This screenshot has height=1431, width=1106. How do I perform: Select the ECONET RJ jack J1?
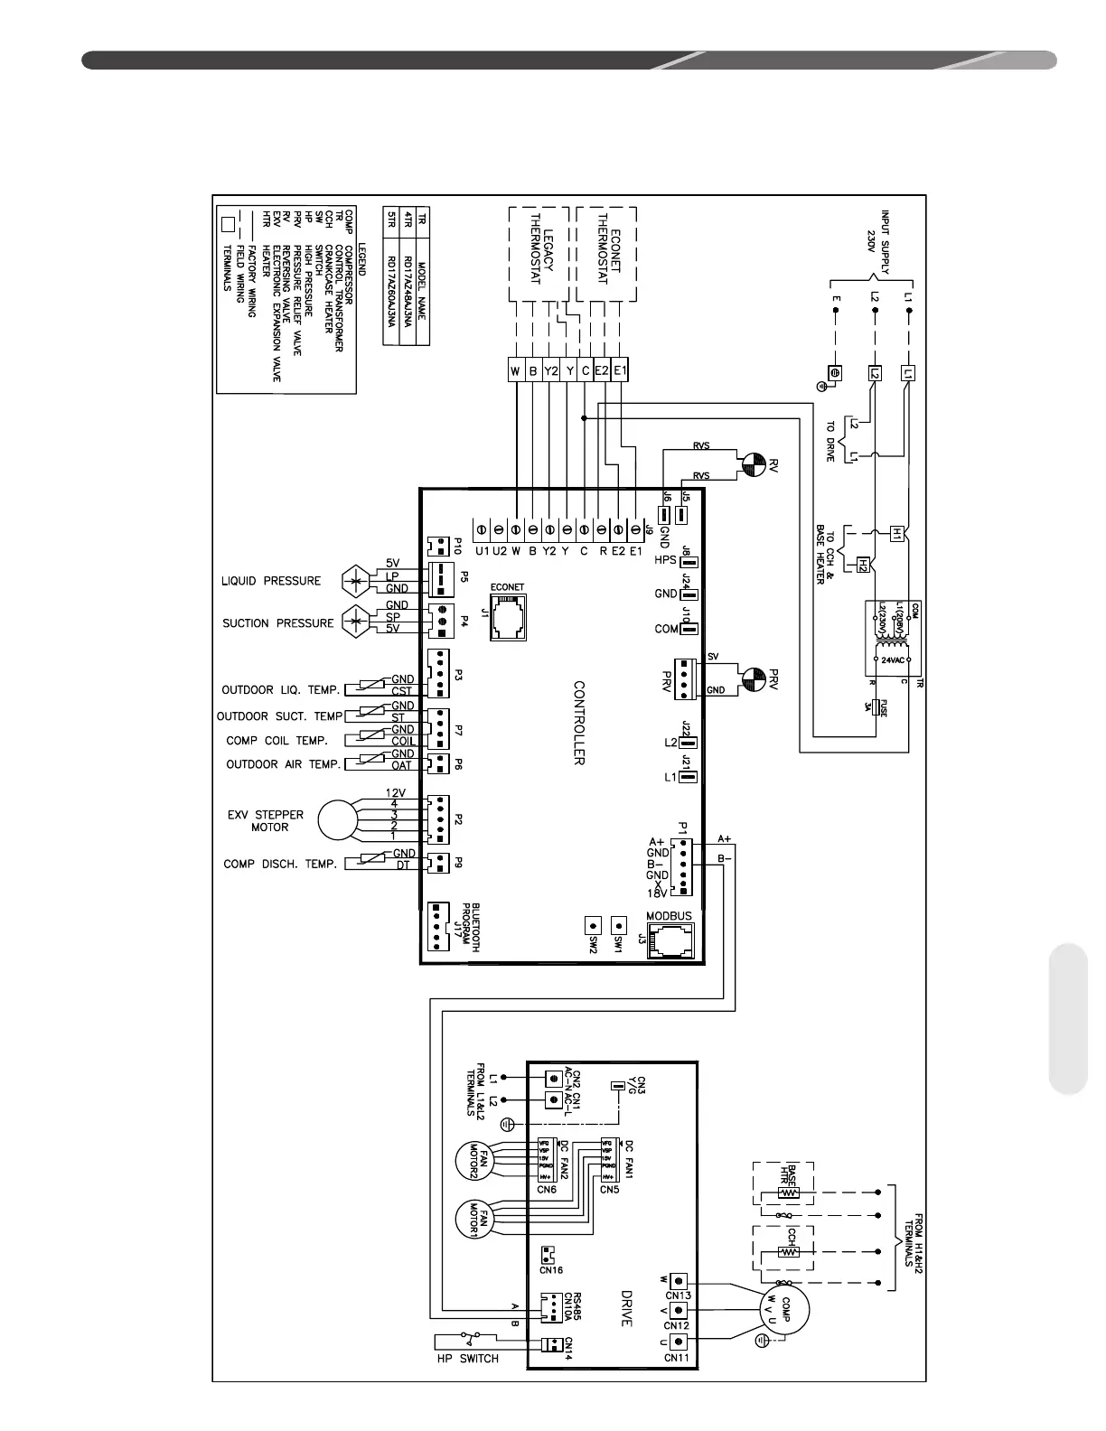click(x=508, y=616)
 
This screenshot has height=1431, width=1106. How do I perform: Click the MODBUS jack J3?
click(x=669, y=943)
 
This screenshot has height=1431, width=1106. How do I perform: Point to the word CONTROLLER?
click(x=580, y=724)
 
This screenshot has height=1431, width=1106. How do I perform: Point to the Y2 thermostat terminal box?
click(x=549, y=370)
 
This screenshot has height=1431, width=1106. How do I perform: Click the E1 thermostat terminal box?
click(x=620, y=370)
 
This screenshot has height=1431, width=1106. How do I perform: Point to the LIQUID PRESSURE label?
click(x=271, y=581)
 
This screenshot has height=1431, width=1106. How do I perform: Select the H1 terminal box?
click(x=896, y=533)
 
